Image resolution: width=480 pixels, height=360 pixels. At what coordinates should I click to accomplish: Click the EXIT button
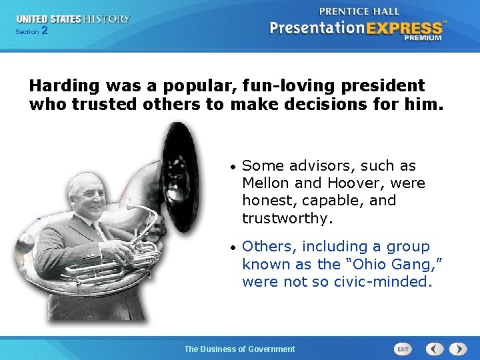[403, 349]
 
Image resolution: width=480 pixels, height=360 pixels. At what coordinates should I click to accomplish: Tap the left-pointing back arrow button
[435, 349]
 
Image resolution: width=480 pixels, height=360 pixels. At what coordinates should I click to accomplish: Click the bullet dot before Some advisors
[231, 166]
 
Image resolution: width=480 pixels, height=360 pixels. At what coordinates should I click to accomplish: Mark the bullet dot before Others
[231, 247]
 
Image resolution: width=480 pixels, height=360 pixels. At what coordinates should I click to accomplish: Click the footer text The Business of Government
[239, 349]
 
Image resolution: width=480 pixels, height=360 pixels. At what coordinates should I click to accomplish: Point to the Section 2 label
[31, 31]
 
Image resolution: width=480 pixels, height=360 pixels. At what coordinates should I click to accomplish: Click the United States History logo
[73, 19]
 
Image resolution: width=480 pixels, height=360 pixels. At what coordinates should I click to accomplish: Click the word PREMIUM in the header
[422, 38]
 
